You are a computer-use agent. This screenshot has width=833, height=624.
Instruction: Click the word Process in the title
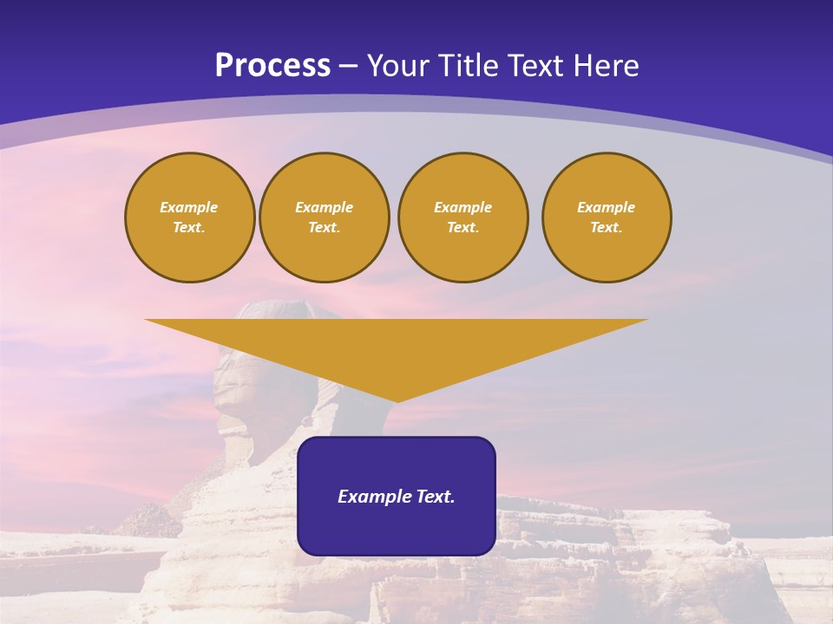272,66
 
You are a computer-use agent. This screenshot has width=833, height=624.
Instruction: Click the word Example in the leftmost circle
189,207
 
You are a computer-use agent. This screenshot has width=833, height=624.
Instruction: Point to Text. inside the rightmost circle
607,227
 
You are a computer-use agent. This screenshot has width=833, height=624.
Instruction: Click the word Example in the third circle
463,207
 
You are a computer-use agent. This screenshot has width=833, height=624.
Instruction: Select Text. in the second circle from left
325,227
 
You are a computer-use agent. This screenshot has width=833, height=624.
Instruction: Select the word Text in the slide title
535,66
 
